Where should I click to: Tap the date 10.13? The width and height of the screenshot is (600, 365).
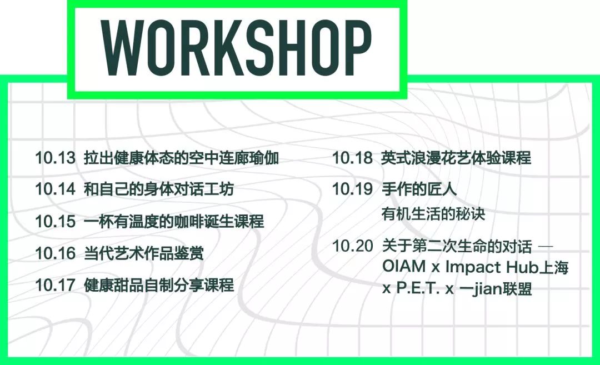55,158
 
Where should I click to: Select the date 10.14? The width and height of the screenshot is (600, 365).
55,189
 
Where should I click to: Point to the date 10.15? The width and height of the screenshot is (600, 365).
55,222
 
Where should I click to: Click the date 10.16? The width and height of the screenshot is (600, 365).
55,254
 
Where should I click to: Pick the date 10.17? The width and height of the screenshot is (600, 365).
55,286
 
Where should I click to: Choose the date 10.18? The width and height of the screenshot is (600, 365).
352,158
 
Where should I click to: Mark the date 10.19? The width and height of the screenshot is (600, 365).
352,189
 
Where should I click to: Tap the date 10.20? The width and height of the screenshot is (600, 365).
352,246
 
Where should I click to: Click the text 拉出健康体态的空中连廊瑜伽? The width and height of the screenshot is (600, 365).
181,158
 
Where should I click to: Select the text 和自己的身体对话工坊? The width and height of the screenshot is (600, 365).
159,189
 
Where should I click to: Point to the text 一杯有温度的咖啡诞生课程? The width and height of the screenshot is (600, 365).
174,222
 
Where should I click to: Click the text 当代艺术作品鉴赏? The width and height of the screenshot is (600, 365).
144,254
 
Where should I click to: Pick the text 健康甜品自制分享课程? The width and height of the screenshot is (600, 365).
159,286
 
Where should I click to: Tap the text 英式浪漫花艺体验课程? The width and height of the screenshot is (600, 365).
456,158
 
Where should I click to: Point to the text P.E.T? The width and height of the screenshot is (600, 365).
417,289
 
